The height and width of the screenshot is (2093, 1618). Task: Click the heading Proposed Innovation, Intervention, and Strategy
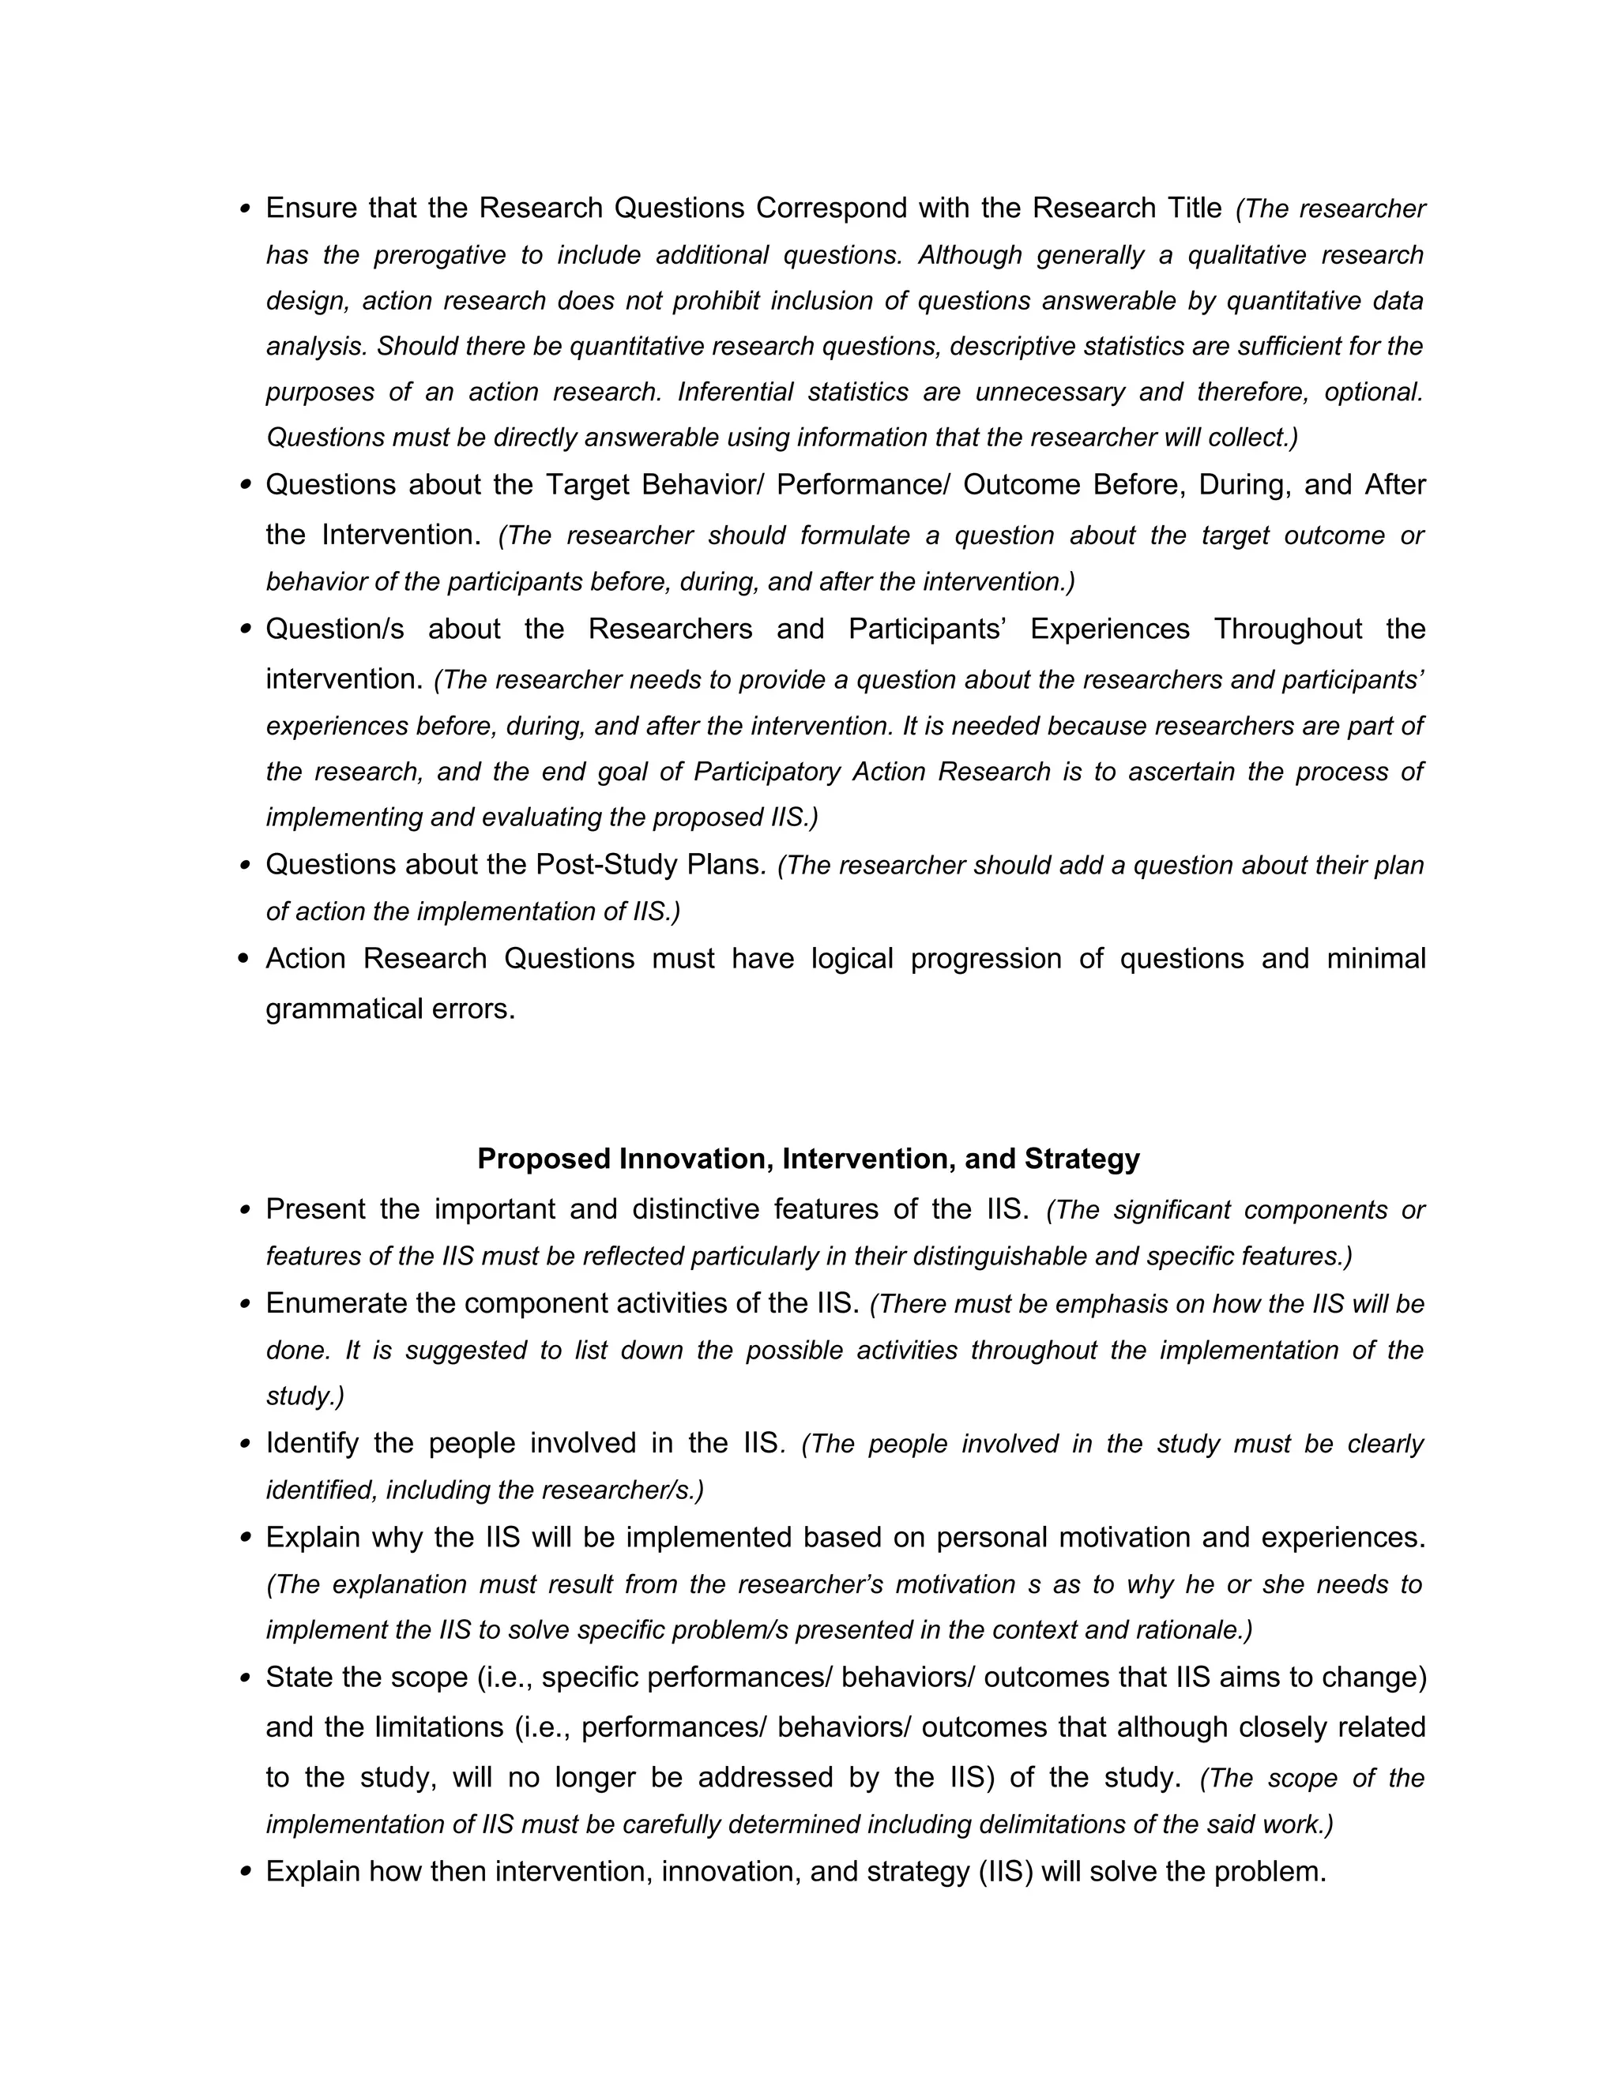pos(808,1159)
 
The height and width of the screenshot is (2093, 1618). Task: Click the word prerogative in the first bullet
pos(437,255)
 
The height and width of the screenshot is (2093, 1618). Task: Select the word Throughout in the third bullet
pos(1287,629)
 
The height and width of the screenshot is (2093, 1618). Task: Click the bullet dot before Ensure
pos(244,208)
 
